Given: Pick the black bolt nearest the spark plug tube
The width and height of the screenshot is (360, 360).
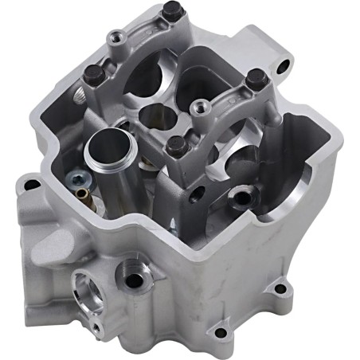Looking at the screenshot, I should tap(175, 145).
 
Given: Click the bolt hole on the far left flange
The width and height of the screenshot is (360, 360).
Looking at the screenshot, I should tap(32, 185).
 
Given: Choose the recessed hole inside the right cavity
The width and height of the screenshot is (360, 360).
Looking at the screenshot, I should tap(238, 193).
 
